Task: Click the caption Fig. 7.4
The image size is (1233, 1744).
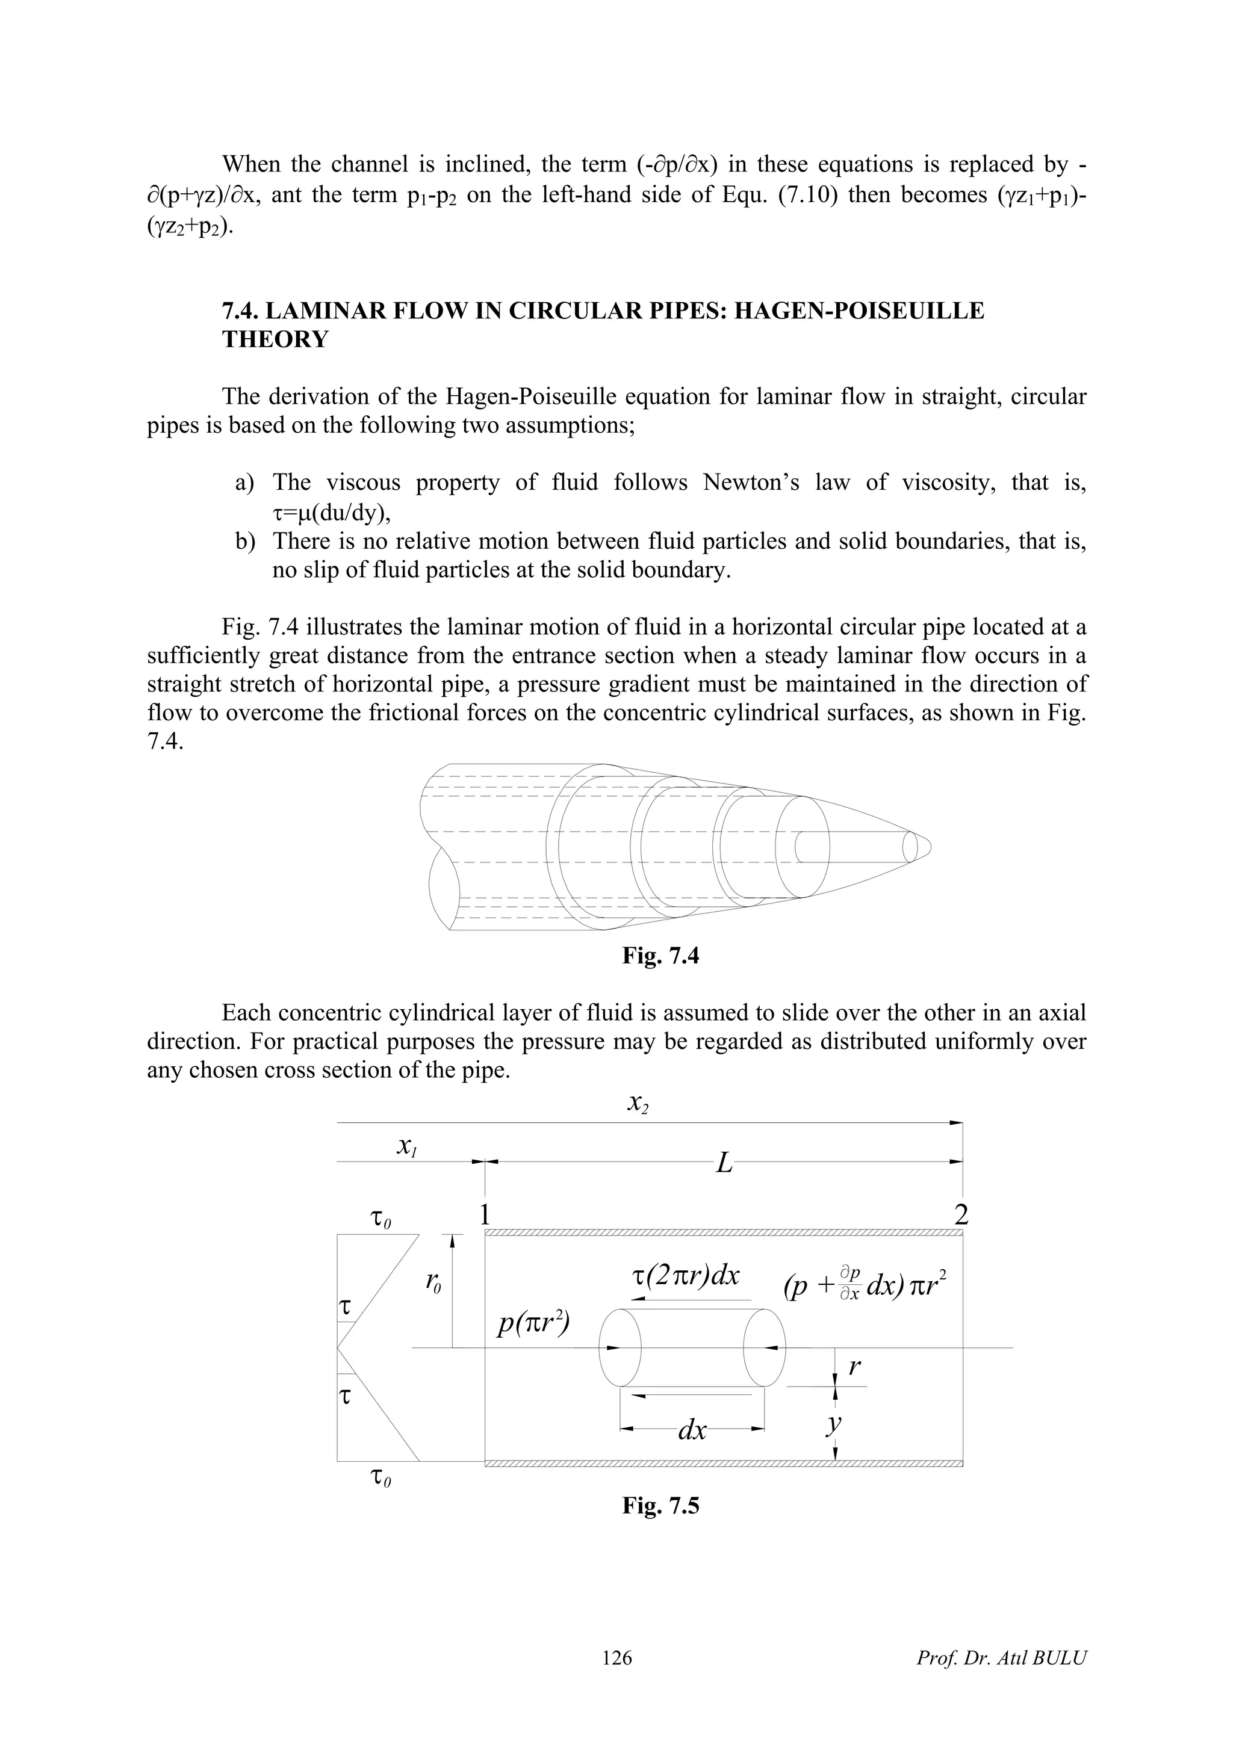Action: pyautogui.click(x=660, y=956)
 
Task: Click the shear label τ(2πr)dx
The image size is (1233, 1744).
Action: pyautogui.click(x=685, y=1275)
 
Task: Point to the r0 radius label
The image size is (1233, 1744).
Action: pyautogui.click(x=433, y=1284)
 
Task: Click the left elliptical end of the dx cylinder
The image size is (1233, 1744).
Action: pyautogui.click(x=621, y=1347)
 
